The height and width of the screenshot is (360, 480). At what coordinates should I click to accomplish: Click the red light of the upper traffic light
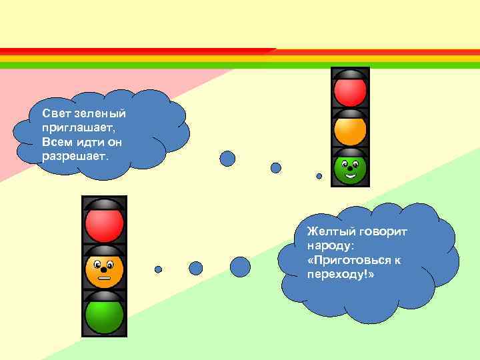pyautogui.click(x=350, y=92)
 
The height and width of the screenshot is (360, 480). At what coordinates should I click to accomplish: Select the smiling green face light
pyautogui.click(x=350, y=169)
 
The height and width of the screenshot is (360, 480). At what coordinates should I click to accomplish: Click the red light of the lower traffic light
pyautogui.click(x=104, y=225)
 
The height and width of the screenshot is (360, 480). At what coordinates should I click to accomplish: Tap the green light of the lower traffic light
pyautogui.click(x=104, y=315)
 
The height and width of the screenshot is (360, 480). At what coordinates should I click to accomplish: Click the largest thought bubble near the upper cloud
pyautogui.click(x=228, y=158)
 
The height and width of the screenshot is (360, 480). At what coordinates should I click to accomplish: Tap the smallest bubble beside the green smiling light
pyautogui.click(x=319, y=177)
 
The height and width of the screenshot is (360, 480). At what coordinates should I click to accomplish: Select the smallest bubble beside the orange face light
pyautogui.click(x=158, y=270)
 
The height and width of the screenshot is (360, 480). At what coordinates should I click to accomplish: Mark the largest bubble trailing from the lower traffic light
pyautogui.click(x=240, y=267)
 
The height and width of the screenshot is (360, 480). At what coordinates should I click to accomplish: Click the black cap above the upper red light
pyautogui.click(x=350, y=74)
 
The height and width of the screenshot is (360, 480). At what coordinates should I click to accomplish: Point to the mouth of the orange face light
pyautogui.click(x=104, y=276)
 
